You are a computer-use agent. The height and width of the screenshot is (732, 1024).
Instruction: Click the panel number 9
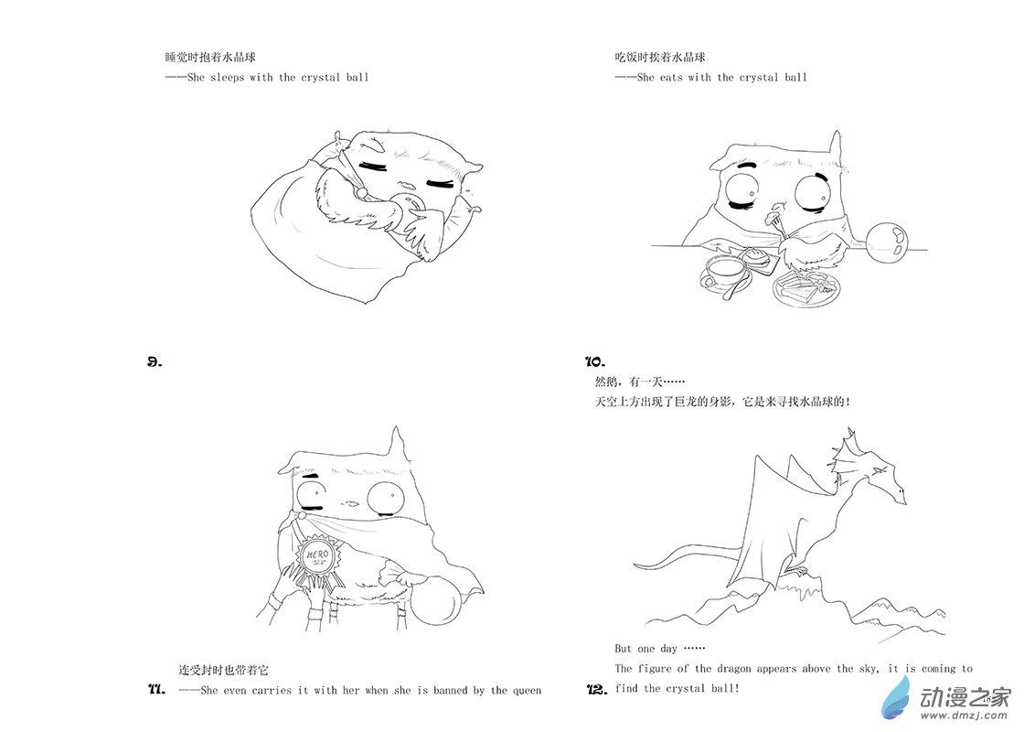pos(155,362)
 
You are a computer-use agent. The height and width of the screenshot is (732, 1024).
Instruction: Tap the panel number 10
pos(595,361)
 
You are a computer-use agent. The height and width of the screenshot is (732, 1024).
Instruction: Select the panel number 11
pos(156,689)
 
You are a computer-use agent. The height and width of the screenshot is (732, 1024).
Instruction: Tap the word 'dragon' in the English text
pos(733,669)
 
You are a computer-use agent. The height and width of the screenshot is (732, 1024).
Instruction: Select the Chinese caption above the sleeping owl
pos(209,57)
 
